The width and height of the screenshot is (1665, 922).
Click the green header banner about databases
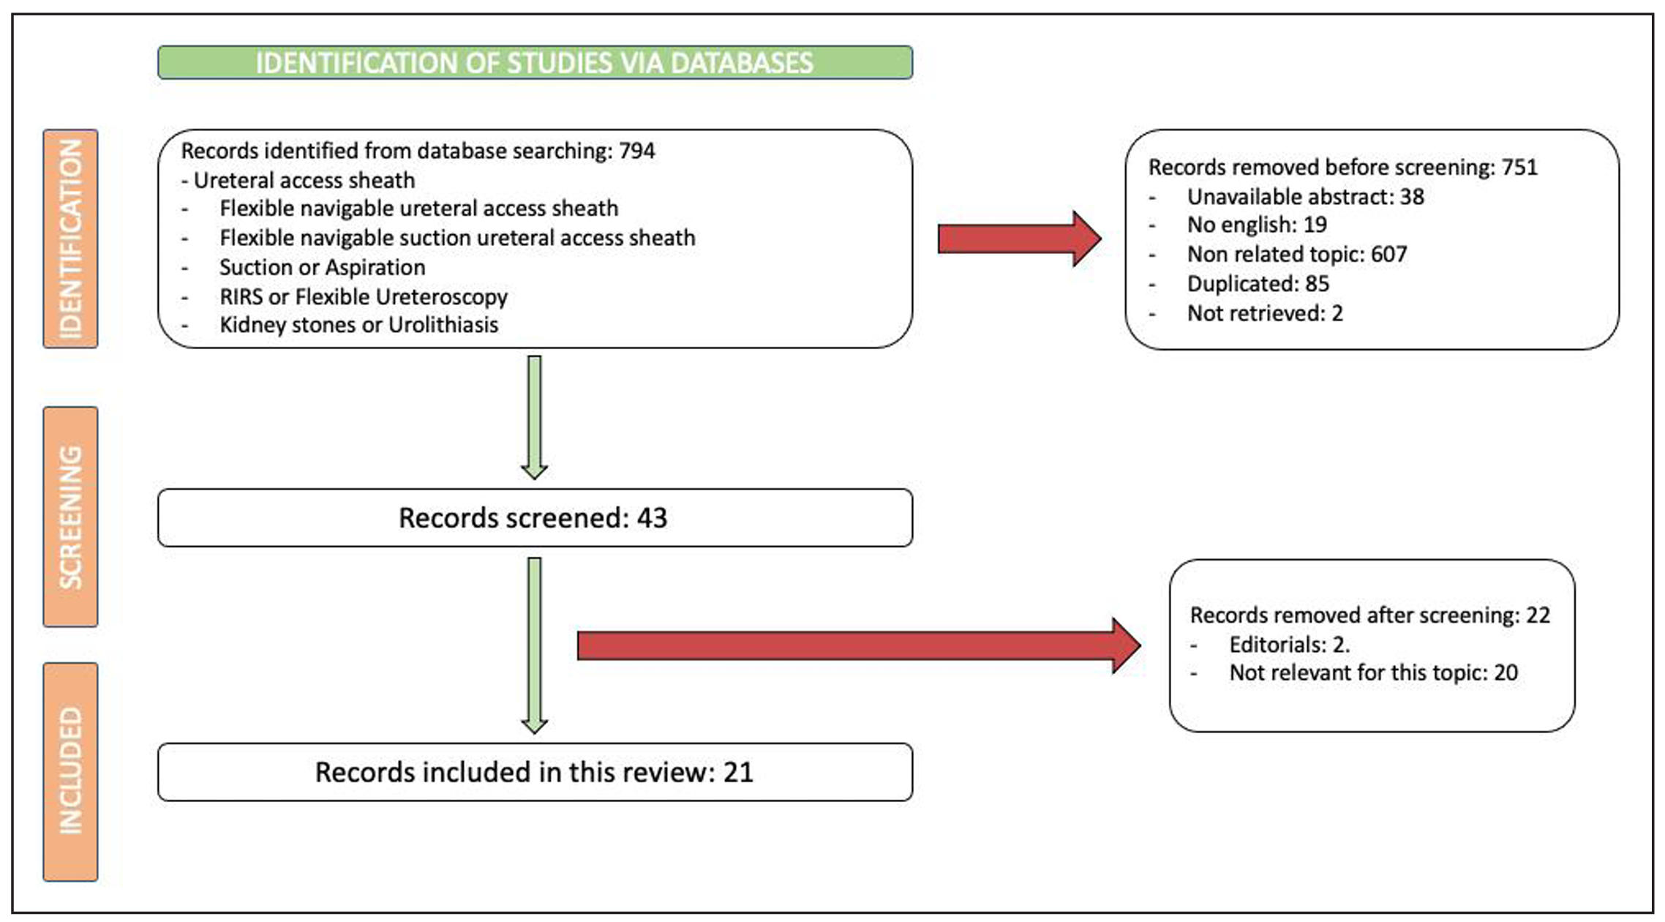[x=535, y=62]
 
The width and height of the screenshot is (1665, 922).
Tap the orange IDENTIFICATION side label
[x=70, y=239]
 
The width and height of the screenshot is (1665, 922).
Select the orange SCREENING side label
[x=70, y=517]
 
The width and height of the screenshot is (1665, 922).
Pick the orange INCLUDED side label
[x=70, y=771]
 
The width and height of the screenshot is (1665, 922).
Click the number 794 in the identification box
[x=636, y=151]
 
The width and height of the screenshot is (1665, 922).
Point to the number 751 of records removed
[x=1519, y=168]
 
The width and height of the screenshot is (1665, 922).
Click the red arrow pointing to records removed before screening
[x=1020, y=239]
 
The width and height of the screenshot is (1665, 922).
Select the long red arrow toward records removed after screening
[x=859, y=645]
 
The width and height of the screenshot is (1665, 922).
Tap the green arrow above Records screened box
[x=535, y=417]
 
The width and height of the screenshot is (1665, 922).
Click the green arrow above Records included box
[x=535, y=645]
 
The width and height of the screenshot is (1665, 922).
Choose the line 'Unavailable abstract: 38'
[x=1306, y=197]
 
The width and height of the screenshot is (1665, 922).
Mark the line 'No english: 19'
[x=1257, y=225]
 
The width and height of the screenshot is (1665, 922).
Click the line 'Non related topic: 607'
[x=1297, y=254]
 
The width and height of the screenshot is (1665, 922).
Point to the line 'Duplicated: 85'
[x=1258, y=283]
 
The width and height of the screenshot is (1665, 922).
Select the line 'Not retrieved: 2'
[x=1265, y=313]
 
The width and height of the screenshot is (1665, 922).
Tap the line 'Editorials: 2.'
[x=1290, y=645]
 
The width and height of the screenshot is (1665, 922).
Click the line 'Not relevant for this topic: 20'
[x=1374, y=672]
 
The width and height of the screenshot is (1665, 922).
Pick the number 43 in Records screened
[x=652, y=518]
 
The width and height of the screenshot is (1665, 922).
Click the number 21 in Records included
[x=738, y=773]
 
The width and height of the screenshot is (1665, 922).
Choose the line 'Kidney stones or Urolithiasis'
[x=359, y=325]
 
